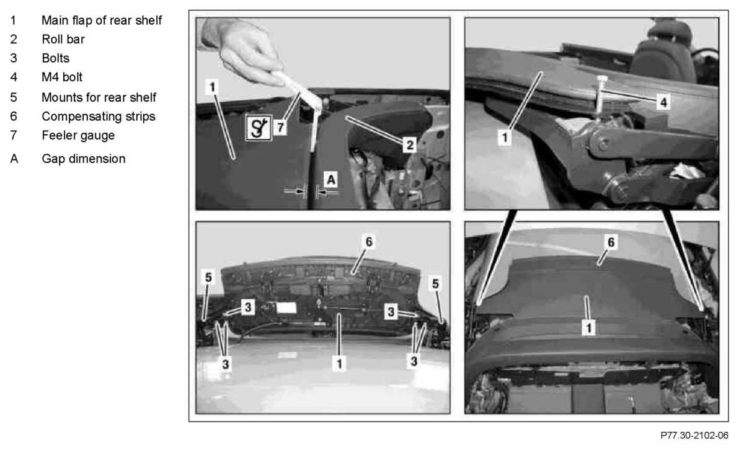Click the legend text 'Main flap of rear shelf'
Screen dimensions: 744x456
(x=102, y=20)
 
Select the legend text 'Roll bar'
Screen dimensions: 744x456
(x=63, y=40)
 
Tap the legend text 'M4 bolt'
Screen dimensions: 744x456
(x=62, y=77)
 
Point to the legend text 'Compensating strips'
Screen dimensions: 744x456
(x=99, y=116)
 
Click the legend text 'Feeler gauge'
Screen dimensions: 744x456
(x=78, y=136)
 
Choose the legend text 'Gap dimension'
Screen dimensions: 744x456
(x=83, y=159)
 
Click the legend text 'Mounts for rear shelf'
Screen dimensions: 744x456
(x=99, y=97)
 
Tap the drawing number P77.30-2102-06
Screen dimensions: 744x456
(x=694, y=436)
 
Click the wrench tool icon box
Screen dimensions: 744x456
(x=259, y=128)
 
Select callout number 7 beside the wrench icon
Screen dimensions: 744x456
(x=280, y=127)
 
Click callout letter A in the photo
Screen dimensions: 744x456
(x=331, y=180)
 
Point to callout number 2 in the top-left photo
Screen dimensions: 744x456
(x=409, y=145)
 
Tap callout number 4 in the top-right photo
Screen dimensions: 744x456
(x=663, y=102)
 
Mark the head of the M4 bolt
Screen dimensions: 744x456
(x=601, y=79)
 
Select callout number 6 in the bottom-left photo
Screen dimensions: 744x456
(x=369, y=242)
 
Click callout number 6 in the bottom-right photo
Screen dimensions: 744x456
(x=611, y=242)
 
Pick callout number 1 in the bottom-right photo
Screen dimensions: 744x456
(x=588, y=328)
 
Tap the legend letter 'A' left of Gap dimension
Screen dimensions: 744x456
(x=14, y=159)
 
